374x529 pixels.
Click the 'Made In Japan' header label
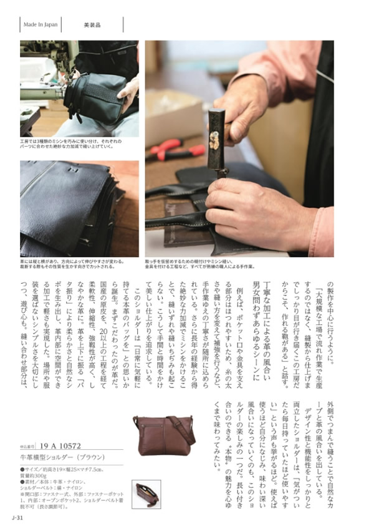[x=41, y=25]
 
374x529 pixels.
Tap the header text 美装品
[x=93, y=25]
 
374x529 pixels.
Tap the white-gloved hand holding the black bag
[x=128, y=92]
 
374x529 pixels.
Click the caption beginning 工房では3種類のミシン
[x=78, y=145]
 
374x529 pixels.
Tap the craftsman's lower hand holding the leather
[x=249, y=209]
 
